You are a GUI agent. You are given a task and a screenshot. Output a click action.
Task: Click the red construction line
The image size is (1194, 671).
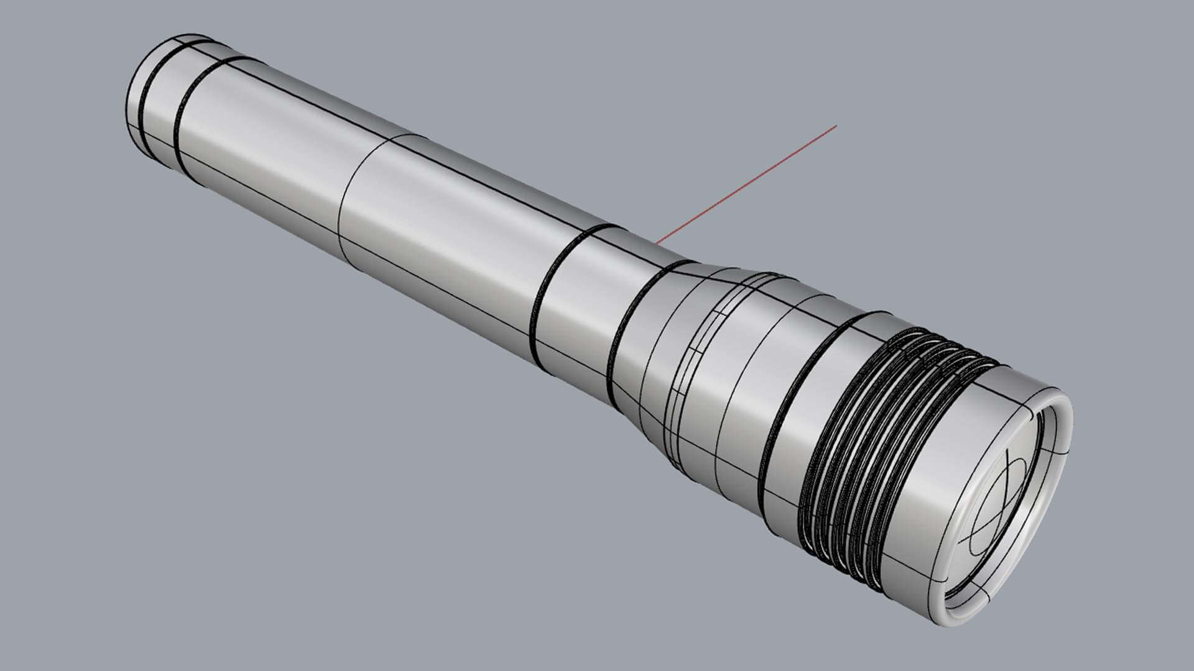746,183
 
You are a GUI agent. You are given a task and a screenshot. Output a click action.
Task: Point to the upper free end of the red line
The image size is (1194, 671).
836,126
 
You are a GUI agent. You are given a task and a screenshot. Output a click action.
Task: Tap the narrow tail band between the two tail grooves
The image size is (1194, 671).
159,106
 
